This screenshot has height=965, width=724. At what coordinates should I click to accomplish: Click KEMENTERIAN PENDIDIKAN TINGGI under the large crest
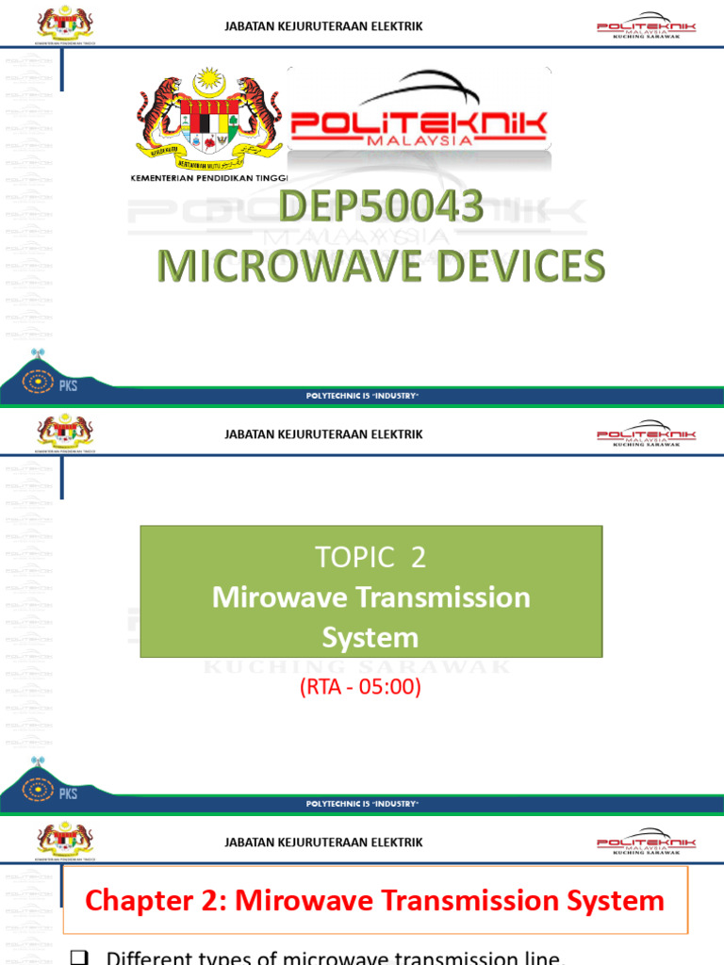click(208, 177)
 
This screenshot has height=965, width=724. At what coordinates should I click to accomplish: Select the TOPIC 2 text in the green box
click(370, 557)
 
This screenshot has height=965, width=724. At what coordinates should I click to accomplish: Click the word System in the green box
click(370, 638)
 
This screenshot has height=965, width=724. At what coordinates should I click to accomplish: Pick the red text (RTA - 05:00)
click(359, 687)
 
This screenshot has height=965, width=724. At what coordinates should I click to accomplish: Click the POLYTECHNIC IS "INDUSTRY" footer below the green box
click(362, 803)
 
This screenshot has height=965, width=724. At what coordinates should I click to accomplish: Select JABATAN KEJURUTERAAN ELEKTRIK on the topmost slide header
click(323, 26)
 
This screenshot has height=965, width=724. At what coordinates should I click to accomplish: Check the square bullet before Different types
click(80, 957)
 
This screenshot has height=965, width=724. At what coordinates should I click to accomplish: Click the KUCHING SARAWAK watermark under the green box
click(358, 667)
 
